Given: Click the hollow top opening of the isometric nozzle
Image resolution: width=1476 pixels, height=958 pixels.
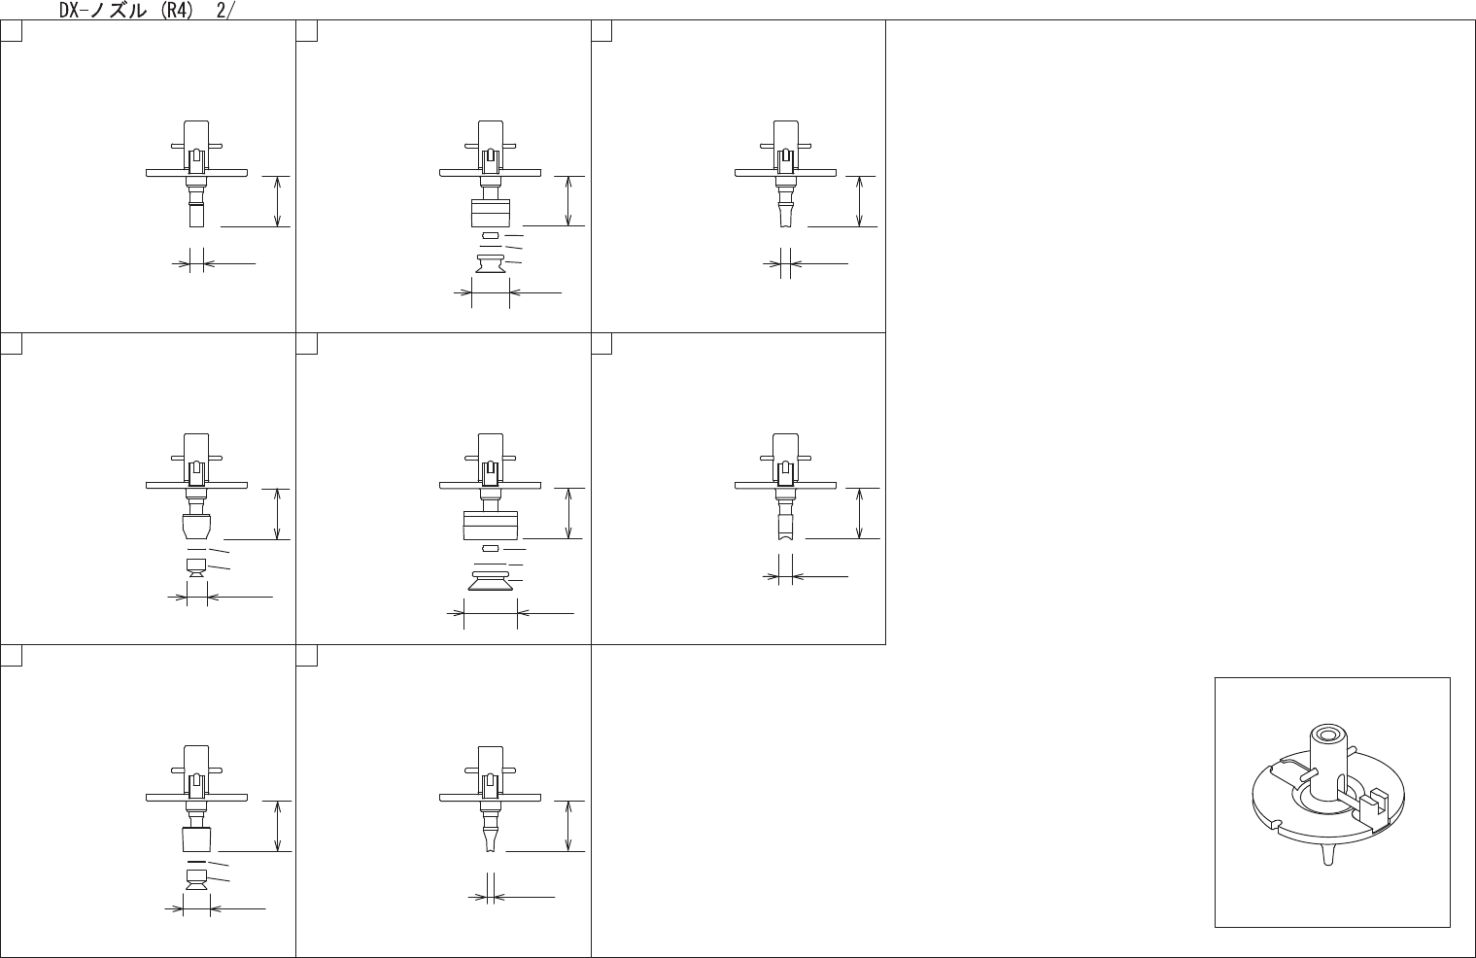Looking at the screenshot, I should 1325,734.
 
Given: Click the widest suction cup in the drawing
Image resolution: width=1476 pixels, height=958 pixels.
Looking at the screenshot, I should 491,581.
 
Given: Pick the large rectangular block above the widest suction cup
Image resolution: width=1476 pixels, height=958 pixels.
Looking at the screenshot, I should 491,525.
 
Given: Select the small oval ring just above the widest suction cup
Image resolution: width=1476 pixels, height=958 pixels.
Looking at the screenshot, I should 490,549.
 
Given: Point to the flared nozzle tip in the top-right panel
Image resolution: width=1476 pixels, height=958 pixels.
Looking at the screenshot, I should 784,215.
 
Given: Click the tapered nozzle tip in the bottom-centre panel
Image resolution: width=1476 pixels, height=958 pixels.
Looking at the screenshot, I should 490,838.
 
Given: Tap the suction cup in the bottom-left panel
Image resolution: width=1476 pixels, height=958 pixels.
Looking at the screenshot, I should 196,881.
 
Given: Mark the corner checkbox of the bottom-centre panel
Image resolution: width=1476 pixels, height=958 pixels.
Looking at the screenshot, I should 306,656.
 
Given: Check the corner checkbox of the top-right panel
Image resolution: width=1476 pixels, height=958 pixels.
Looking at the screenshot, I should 601,31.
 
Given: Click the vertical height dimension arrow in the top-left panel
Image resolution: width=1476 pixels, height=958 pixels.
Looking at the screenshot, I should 279,201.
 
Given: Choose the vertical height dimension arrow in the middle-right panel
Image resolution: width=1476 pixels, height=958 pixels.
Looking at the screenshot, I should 860,513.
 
